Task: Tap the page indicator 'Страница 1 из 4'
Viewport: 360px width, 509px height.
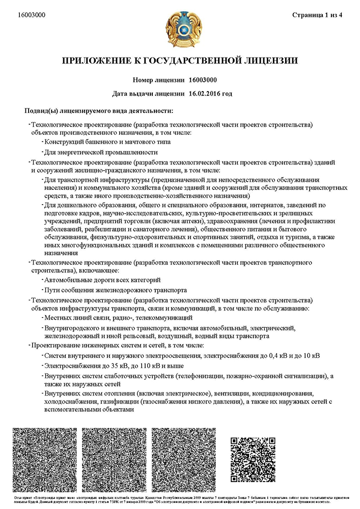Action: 318,15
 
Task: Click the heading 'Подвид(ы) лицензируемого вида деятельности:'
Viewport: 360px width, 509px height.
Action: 99,110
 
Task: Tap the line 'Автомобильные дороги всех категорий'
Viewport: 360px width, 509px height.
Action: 103,280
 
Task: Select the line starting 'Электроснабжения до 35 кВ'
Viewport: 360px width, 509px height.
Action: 114,365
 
